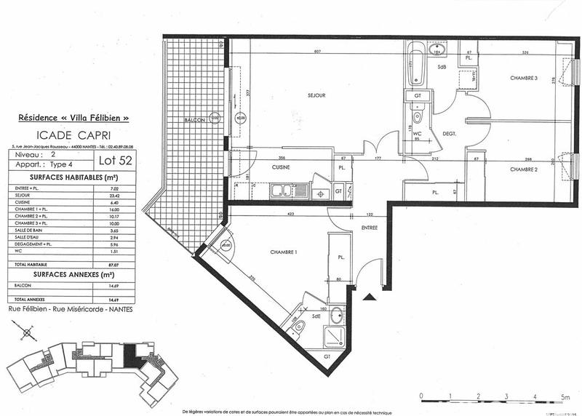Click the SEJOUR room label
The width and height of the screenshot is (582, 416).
point(316,95)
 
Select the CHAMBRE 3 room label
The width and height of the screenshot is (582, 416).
point(523,79)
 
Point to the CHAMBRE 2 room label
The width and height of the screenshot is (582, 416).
point(523,169)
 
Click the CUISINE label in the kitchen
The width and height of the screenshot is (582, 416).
point(282,167)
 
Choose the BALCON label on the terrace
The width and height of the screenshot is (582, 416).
point(194,119)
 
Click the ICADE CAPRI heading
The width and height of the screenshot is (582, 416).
point(73,135)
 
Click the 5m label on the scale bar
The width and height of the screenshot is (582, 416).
point(565,396)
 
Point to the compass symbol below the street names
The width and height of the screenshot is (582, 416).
point(28,332)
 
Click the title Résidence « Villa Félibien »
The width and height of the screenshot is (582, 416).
point(73,117)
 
